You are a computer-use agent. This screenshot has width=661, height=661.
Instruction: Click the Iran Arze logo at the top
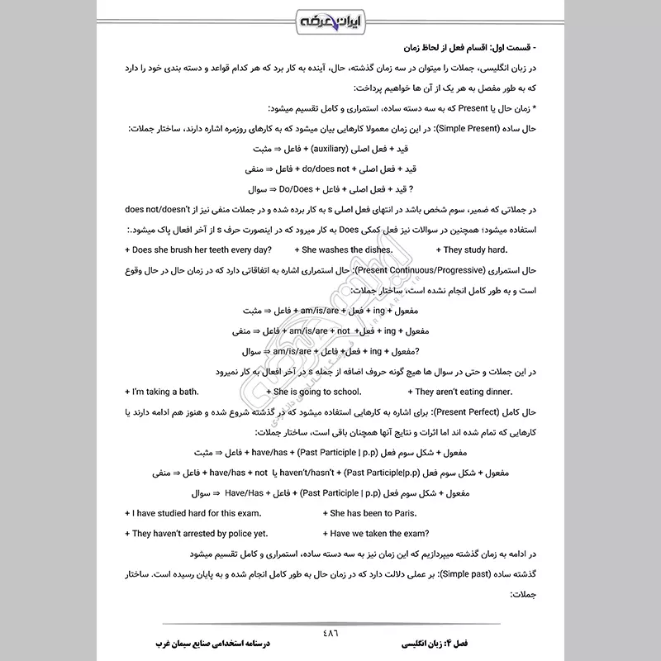[330, 18]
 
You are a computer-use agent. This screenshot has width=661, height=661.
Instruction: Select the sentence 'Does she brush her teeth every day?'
[200, 250]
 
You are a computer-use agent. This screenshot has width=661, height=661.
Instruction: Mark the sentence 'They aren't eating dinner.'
[464, 391]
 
